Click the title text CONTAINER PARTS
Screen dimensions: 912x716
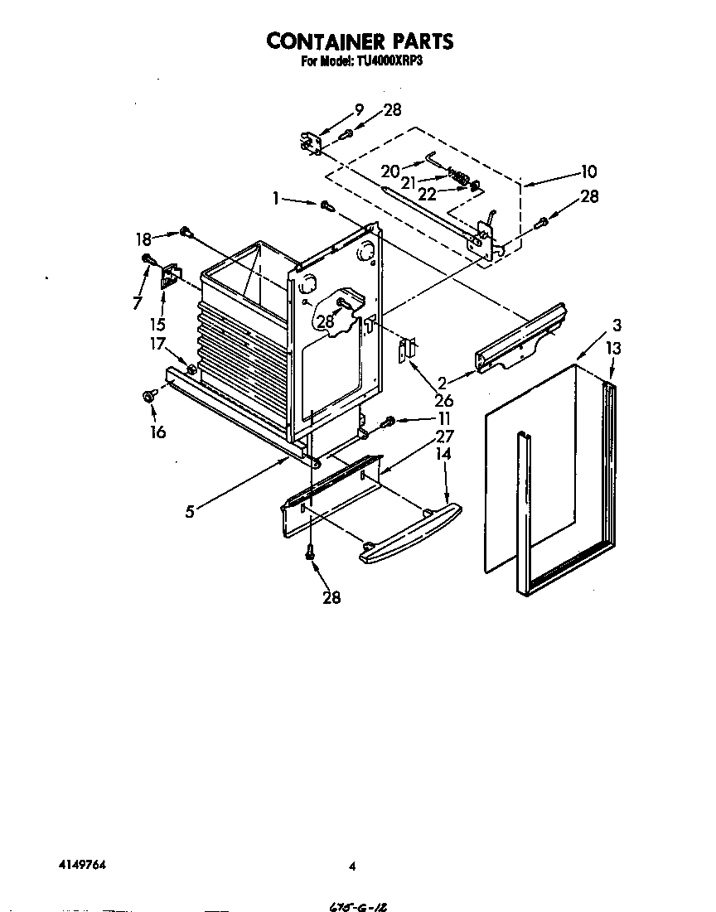point(359,41)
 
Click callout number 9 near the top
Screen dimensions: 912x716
point(359,109)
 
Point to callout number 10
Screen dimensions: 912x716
point(588,172)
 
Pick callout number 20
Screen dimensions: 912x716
point(390,171)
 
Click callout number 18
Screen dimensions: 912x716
point(143,239)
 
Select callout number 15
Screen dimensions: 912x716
point(162,324)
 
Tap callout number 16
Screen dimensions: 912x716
point(157,432)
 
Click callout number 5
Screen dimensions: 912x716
point(190,511)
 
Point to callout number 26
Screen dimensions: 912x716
point(444,402)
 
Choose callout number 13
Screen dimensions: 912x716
point(612,349)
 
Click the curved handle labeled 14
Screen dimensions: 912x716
point(411,534)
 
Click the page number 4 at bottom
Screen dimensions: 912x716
point(352,866)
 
